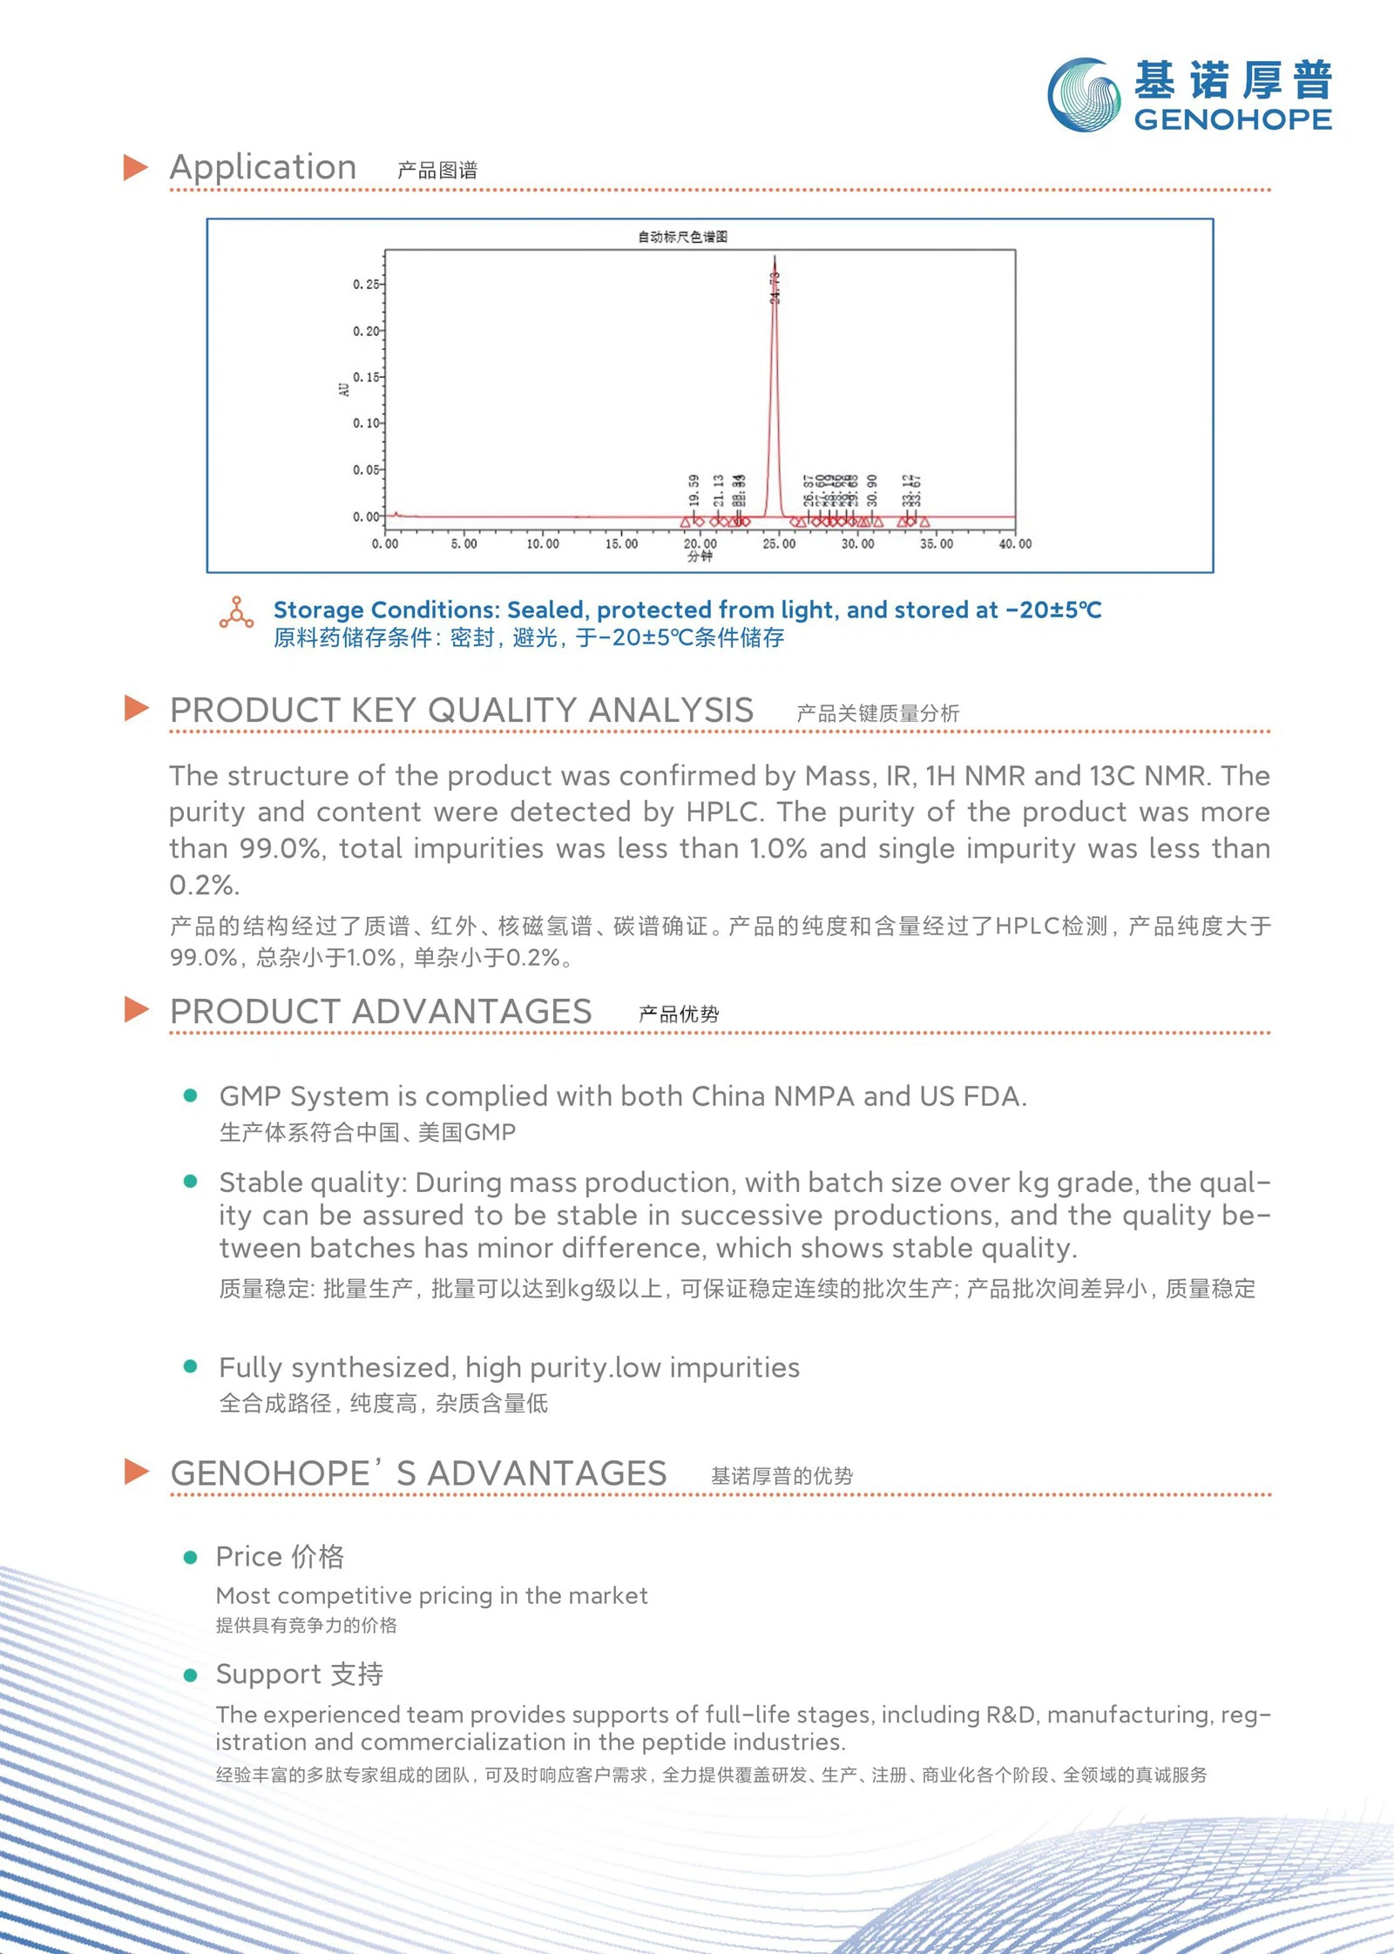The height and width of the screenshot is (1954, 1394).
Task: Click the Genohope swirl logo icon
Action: point(1084,95)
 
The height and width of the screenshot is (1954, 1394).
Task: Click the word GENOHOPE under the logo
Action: point(1233,120)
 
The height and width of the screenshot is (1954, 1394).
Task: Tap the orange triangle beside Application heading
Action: point(136,167)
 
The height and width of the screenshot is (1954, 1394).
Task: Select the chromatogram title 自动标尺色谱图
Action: point(682,237)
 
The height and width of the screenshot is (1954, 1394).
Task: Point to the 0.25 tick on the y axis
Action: point(366,285)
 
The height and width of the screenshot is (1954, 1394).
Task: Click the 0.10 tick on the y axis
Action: point(366,423)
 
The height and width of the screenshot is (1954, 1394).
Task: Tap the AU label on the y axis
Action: point(344,388)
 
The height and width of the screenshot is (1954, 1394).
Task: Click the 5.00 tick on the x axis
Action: point(464,544)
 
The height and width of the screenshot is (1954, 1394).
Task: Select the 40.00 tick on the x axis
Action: point(1015,544)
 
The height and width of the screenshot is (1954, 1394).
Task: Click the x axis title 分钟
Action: point(700,557)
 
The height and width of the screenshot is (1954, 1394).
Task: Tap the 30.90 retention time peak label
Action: point(873,490)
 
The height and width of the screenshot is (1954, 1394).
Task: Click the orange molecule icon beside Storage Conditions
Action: point(236,613)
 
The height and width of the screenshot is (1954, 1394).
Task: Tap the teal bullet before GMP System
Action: point(191,1095)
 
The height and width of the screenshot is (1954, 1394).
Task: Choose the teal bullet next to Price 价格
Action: point(191,1558)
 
